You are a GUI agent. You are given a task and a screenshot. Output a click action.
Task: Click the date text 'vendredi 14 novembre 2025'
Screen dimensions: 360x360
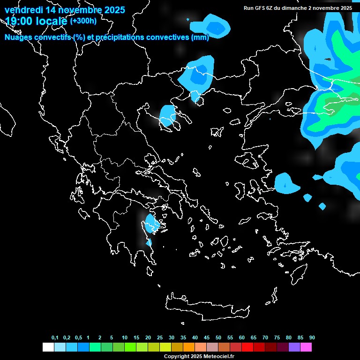pyautogui.click(x=65, y=9)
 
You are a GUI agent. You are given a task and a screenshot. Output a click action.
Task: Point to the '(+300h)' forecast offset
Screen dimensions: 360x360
pyautogui.click(x=84, y=21)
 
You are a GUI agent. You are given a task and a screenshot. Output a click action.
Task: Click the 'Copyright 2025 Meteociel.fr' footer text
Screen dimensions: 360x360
pyautogui.click(x=199, y=356)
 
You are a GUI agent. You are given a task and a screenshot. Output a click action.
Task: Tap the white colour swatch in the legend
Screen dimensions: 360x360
pyautogui.click(x=48, y=347)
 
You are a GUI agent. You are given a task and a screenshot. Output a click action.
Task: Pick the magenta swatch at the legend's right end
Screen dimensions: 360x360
pyautogui.click(x=306, y=347)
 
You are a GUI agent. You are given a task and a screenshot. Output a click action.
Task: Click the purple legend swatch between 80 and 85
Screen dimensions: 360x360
pyautogui.click(x=294, y=347)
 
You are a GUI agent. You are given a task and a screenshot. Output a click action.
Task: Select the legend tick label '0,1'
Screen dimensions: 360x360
pyautogui.click(x=55, y=338)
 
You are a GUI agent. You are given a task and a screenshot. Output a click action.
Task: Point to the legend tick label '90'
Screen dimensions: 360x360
pyautogui.click(x=312, y=338)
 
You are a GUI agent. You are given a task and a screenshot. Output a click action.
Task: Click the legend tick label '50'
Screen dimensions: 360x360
pyautogui.click(x=218, y=338)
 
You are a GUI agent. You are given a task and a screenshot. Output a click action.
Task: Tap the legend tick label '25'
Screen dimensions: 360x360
pyautogui.click(x=160, y=338)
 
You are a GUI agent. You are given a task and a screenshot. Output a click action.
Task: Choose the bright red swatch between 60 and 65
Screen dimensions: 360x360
pyautogui.click(x=247, y=347)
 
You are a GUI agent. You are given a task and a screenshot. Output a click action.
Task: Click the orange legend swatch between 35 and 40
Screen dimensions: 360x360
pyautogui.click(x=189, y=347)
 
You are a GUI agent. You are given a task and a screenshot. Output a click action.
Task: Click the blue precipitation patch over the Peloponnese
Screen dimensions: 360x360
pyautogui.click(x=151, y=223)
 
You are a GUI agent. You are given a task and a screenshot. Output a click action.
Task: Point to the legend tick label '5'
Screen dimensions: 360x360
pyautogui.click(x=112, y=338)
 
